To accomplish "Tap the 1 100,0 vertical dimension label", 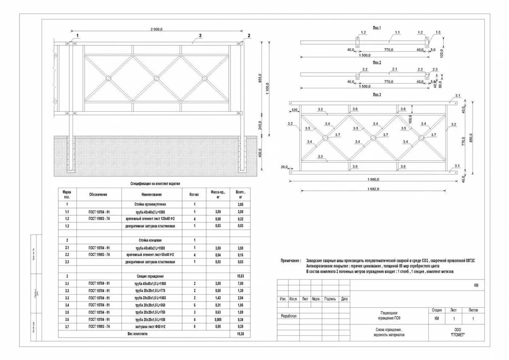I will tap(268, 89).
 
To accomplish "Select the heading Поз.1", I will tap(377, 28).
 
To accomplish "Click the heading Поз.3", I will tap(377, 95).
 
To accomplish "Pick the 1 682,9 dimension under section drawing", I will tap(373, 189).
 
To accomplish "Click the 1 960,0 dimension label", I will tap(373, 179).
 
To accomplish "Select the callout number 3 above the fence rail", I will tap(200, 36).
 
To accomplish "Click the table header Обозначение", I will tap(98, 195).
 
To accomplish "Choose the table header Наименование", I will tap(152, 195).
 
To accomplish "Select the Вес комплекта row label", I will tap(137, 334).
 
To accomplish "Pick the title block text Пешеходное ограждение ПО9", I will tap(389, 316).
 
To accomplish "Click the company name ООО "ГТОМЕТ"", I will tap(457, 332).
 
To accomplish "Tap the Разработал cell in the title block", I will tap(289, 316).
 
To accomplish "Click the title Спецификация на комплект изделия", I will tap(155, 184).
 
